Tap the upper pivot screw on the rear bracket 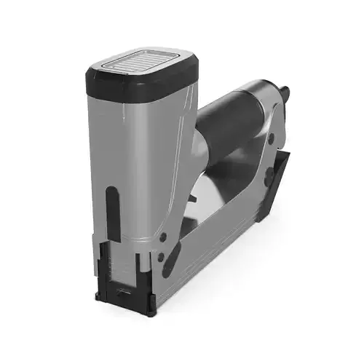point(270,138)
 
